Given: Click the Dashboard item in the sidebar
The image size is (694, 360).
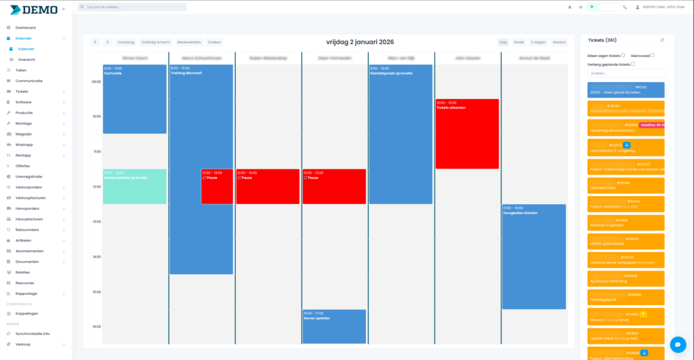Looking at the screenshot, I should (x=26, y=28).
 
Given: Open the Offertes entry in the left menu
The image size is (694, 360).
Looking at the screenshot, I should (x=23, y=165).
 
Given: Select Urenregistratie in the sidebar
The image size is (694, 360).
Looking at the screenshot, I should (x=28, y=176).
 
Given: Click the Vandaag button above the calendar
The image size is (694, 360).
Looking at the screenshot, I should (x=125, y=42).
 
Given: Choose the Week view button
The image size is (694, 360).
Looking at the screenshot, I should (x=518, y=42).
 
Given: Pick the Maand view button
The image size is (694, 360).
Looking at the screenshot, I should (x=559, y=42).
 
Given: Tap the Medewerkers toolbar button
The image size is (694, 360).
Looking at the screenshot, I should (x=188, y=42).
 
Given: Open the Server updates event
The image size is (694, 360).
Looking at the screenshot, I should (x=334, y=327).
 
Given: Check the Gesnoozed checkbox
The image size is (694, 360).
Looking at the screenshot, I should (x=653, y=56).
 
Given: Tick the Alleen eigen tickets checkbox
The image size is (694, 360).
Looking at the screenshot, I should (x=623, y=56).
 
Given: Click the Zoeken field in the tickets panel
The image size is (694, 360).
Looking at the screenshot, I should (x=627, y=73).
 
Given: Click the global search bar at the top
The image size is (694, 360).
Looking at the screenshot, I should (x=132, y=7).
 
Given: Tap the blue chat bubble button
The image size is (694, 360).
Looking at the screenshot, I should (x=677, y=344).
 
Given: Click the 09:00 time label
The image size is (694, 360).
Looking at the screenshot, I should (x=96, y=81).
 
